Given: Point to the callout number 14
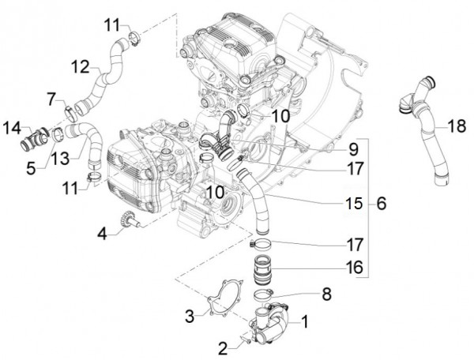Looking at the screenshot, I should (14, 127).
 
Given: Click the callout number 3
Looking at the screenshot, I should (190, 316).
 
